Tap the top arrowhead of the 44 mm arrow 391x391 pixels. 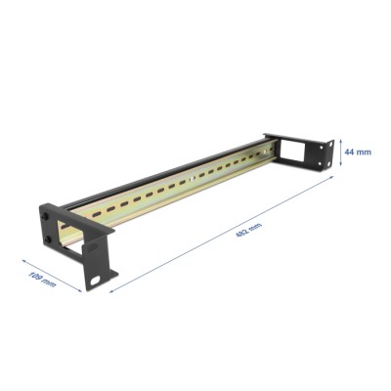click(343, 139)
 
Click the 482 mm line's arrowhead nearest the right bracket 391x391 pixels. click(334, 178)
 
